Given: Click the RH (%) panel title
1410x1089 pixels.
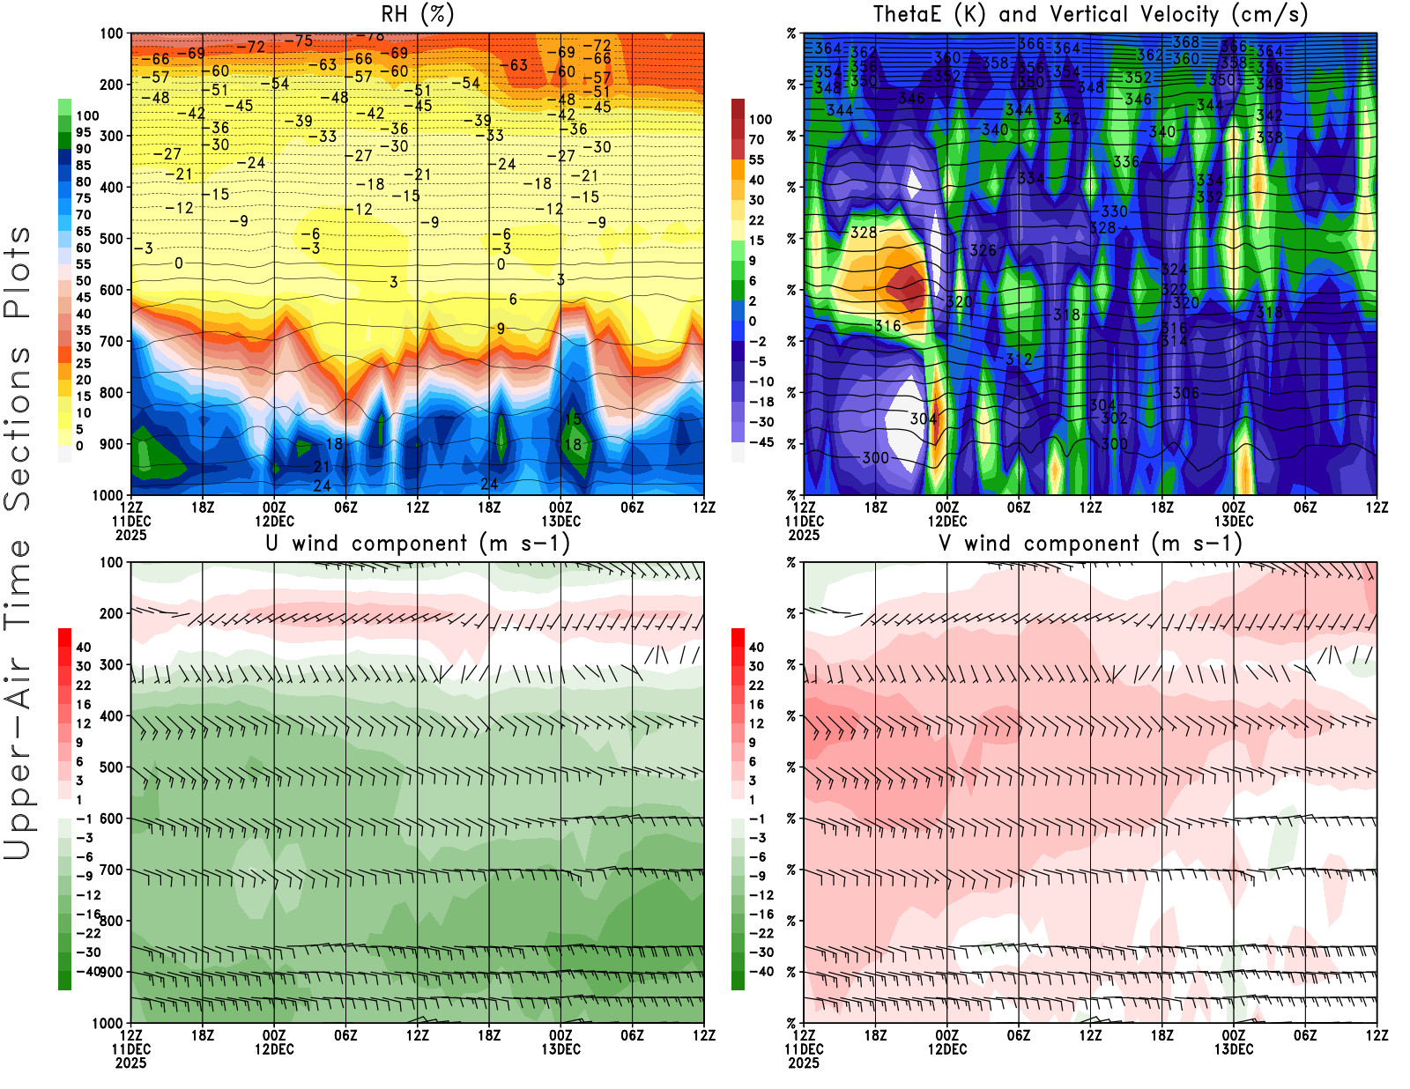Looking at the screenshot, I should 418,15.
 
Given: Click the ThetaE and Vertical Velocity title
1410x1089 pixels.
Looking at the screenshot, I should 1090,15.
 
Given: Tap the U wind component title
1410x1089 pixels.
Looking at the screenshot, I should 418,544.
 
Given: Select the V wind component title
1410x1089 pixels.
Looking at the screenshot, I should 1090,544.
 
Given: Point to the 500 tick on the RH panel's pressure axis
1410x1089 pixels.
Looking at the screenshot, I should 112,239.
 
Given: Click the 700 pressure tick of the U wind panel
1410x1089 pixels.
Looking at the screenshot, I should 112,870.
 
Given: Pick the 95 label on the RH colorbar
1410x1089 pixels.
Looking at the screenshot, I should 84,132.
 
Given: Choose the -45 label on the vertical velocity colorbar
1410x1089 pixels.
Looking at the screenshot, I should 761,442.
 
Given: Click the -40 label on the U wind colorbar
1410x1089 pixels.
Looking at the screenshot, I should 88,971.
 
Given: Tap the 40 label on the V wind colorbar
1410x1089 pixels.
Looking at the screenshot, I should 756,647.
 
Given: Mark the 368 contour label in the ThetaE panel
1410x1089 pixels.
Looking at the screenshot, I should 1186,42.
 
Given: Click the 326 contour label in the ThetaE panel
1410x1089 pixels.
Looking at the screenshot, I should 983,250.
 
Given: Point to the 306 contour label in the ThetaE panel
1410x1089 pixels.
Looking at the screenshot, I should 1186,393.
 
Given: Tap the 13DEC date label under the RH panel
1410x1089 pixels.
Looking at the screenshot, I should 560,521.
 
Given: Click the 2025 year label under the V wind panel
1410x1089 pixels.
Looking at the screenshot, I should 804,1063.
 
